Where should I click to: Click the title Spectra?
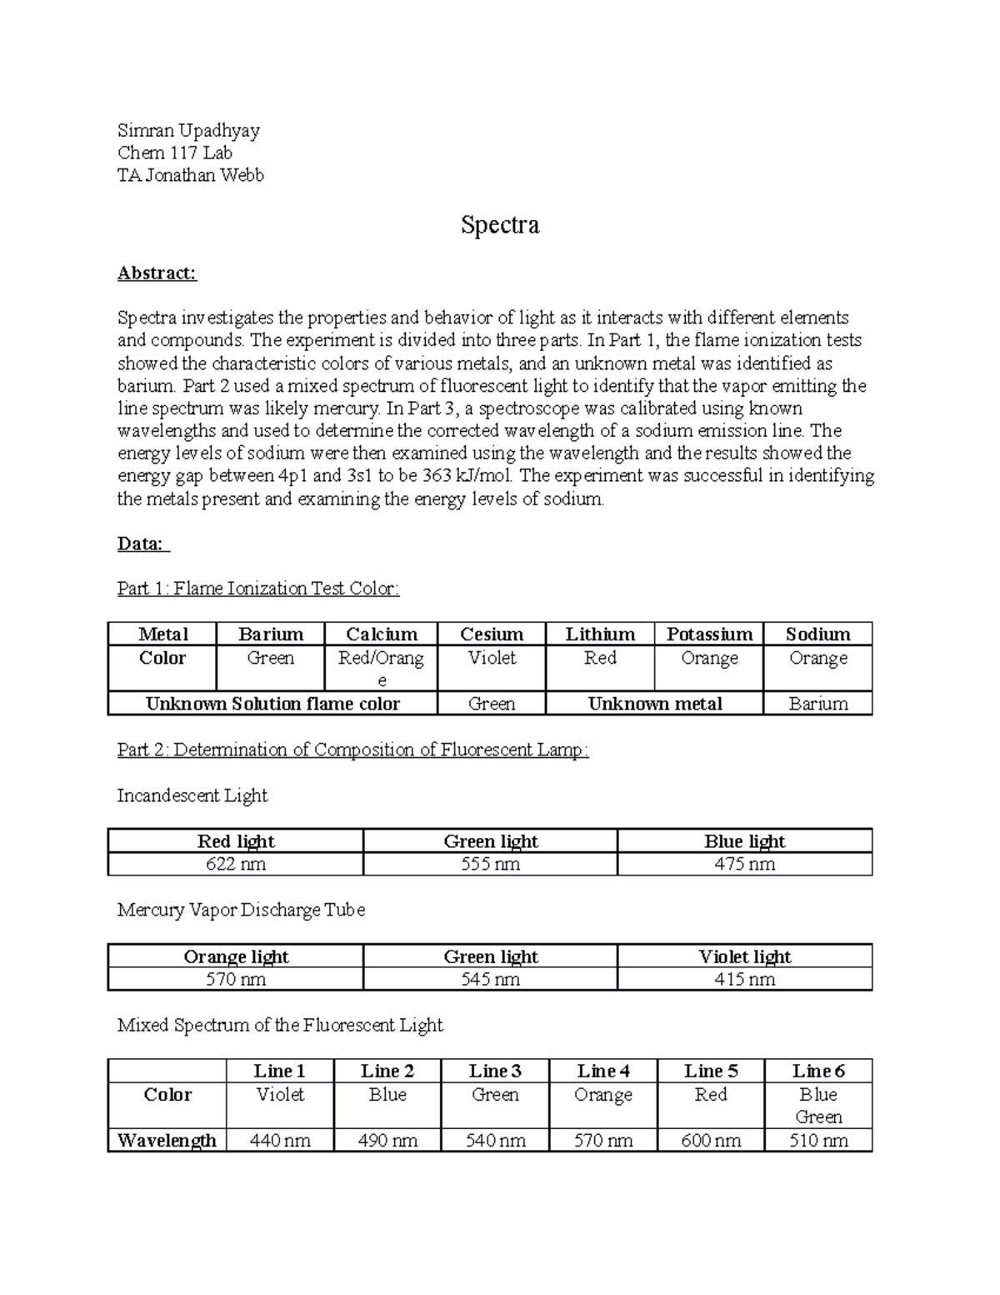pos(500,225)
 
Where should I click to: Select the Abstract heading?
pos(157,273)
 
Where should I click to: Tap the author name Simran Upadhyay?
pos(188,130)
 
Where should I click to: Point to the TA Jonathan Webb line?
pos(190,175)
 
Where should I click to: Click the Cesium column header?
pos(492,634)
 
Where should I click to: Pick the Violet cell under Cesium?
pos(492,658)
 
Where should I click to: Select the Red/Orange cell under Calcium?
pos(381,668)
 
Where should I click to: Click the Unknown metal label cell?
pos(654,704)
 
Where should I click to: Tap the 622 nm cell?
pos(236,864)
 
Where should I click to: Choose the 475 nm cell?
pos(744,864)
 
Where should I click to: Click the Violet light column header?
pos(744,956)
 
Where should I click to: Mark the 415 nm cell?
pos(744,979)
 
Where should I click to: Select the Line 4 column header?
pos(602,1071)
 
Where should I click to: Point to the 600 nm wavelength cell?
pos(711,1140)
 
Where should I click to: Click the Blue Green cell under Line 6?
pos(818,1105)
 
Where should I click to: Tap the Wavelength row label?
pos(167,1140)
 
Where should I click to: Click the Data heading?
pos(142,544)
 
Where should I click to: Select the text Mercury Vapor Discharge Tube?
pos(241,910)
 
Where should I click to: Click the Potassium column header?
pos(709,634)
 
